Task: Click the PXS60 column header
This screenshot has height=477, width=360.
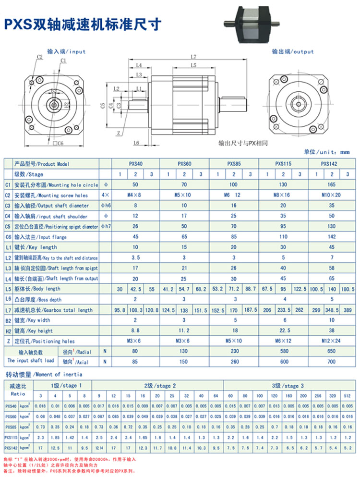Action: [185, 164]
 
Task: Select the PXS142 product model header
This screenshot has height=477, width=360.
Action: [332, 164]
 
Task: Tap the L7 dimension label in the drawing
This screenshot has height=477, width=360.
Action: [193, 57]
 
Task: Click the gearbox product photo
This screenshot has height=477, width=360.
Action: [250, 24]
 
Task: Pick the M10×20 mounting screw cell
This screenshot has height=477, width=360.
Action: [332, 195]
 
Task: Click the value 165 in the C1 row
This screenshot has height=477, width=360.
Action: [332, 184]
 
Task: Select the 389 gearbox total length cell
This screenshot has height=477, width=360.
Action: [347, 310]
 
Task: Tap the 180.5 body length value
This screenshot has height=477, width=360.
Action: [347, 289]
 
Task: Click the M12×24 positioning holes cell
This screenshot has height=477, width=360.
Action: [332, 341]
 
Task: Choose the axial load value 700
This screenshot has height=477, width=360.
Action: [332, 361]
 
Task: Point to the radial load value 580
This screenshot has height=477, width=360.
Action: [283, 351]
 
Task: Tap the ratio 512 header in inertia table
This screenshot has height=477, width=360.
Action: [348, 396]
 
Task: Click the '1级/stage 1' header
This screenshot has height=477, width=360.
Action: [63, 385]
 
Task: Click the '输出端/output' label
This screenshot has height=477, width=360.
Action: [292, 51]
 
